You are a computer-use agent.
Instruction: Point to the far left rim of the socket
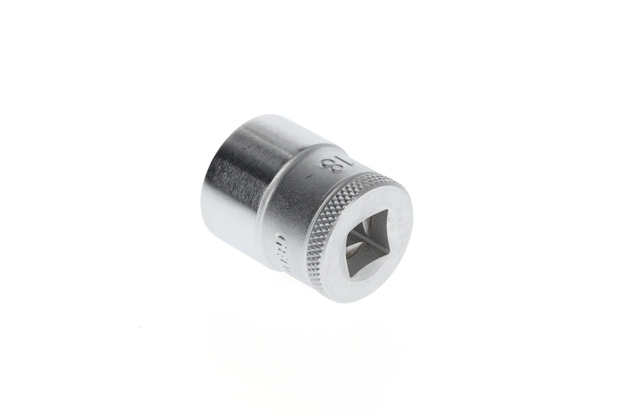click(202, 206)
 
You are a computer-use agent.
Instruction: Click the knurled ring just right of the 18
click(362, 179)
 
